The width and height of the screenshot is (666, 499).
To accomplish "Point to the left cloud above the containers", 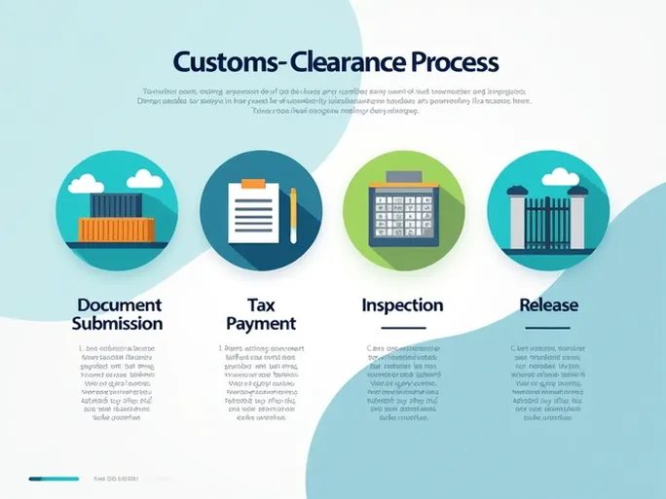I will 85,183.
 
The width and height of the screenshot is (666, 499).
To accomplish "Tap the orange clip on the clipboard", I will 252,183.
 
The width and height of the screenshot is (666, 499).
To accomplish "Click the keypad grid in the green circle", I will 403,214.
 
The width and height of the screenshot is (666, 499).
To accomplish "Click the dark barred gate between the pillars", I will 547,216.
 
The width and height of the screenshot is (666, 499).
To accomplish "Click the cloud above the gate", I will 558,177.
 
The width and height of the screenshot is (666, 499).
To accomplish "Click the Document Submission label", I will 117,314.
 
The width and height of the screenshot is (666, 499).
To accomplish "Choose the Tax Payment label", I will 260,314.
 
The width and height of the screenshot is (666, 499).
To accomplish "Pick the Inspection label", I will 402,305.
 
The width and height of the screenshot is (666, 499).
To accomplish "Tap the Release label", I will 548,305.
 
